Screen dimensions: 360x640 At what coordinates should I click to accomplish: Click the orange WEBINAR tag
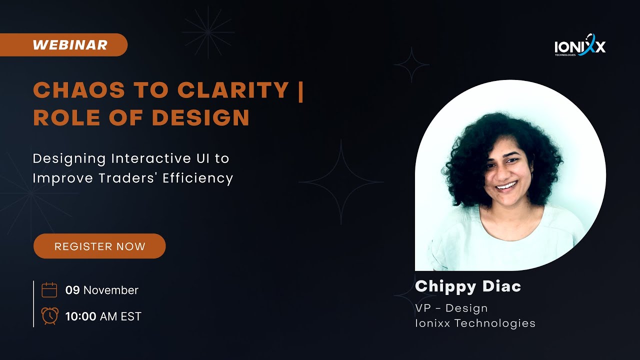(70, 45)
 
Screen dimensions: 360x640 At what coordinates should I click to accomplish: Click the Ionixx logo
(580, 46)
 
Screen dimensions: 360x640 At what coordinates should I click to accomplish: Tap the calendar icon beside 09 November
(49, 290)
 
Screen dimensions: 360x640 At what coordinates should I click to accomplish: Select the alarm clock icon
(49, 316)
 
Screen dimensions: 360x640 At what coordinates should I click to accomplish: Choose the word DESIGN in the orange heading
(200, 118)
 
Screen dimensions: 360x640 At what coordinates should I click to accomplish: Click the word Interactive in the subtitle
(148, 159)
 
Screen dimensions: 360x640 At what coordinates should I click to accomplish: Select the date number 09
(72, 290)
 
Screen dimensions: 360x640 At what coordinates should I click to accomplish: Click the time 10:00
(80, 316)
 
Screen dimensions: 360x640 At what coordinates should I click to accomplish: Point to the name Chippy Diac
(468, 286)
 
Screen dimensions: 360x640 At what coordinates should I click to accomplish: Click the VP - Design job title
(451, 308)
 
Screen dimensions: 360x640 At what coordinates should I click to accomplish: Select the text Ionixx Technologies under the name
(475, 323)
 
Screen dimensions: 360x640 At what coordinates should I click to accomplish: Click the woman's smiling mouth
(506, 186)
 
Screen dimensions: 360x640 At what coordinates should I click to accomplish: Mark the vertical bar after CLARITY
(300, 90)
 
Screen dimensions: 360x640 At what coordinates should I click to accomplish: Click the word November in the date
(111, 290)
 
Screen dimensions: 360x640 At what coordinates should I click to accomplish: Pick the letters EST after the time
(131, 316)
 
